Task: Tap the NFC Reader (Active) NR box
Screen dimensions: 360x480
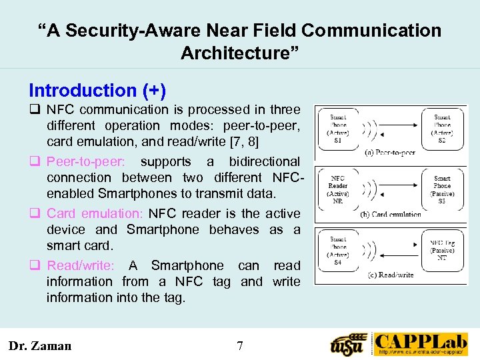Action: pos(338,189)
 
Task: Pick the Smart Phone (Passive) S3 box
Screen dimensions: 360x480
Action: pos(442,189)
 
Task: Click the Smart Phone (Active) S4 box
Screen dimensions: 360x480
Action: pos(338,249)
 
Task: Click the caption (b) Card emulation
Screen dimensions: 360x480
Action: pos(390,215)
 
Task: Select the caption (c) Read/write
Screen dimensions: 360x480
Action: pos(390,275)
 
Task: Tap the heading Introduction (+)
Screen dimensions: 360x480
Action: pos(97,90)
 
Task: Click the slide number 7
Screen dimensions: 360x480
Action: pos(240,345)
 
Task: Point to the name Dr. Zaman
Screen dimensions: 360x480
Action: pos(39,345)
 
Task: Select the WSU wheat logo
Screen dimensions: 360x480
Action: pos(349,344)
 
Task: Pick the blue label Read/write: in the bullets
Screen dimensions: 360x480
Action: pos(81,265)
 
